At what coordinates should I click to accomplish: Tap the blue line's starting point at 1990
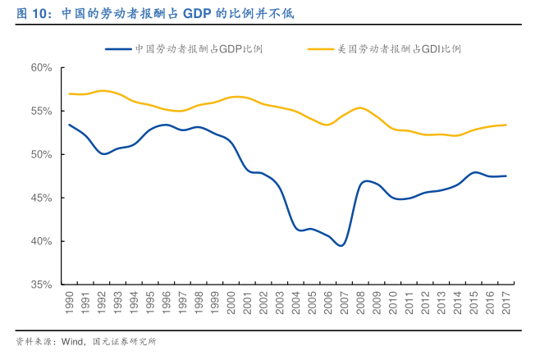pyautogui.click(x=70, y=125)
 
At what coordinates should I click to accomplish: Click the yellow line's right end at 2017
pyautogui.click(x=506, y=125)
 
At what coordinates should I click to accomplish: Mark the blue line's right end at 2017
pyautogui.click(x=506, y=175)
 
